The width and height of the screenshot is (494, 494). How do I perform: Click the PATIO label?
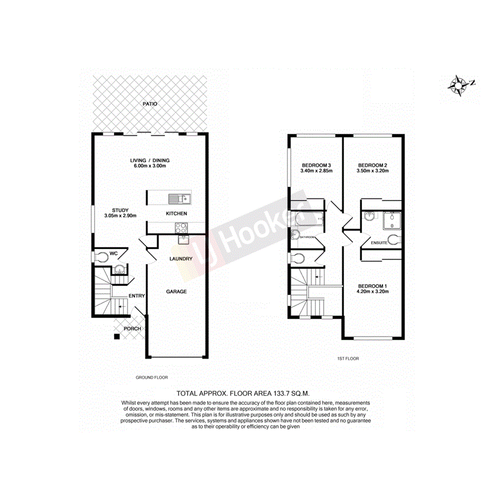(150, 104)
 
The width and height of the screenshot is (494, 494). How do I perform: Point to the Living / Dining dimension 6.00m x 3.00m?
(150, 167)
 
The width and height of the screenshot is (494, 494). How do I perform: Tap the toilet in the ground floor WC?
(100, 255)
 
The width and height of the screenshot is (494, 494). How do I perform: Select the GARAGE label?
(177, 291)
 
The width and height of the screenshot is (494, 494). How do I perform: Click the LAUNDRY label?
(180, 259)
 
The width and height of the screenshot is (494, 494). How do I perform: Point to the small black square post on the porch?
(116, 336)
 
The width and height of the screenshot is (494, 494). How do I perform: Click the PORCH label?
(132, 329)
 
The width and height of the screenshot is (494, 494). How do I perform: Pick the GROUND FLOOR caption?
(152, 377)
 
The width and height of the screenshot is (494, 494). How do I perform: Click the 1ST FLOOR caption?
(348, 359)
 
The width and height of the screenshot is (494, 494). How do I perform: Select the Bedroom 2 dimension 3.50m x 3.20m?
(373, 171)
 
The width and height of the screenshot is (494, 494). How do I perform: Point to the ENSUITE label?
(379, 242)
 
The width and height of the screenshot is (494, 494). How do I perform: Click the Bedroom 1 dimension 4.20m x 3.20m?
(373, 292)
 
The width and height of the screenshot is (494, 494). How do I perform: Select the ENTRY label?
(137, 296)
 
